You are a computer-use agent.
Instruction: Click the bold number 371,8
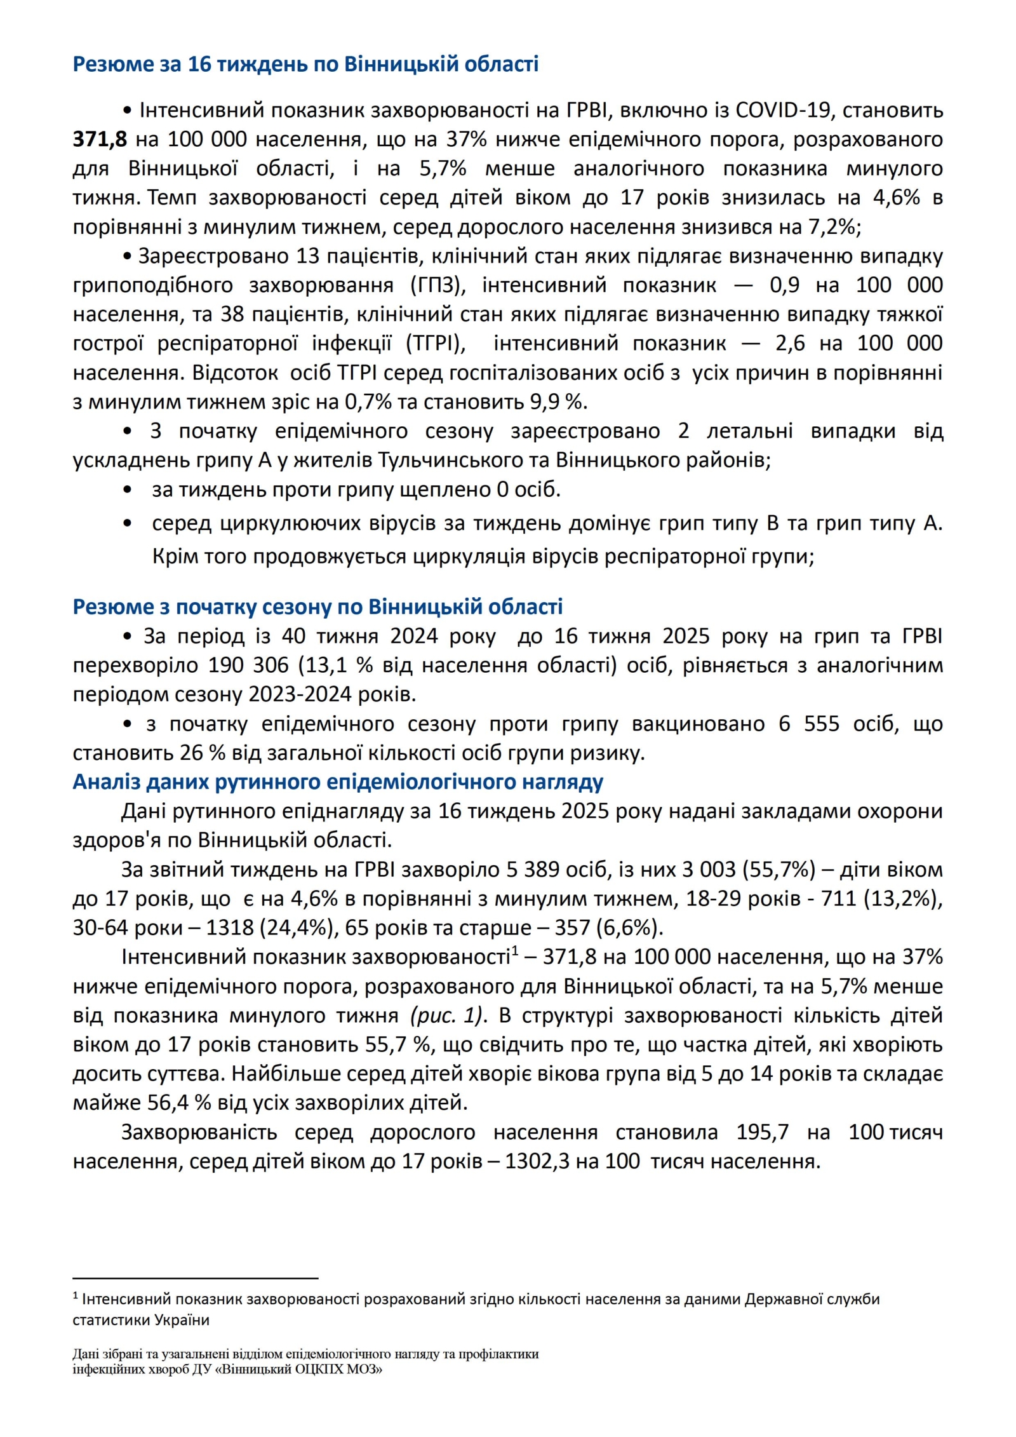100,140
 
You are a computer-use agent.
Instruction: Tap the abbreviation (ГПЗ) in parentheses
438,285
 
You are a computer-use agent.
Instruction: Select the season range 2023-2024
299,694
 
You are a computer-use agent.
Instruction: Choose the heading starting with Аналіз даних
338,782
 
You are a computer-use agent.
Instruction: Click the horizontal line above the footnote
195,1278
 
